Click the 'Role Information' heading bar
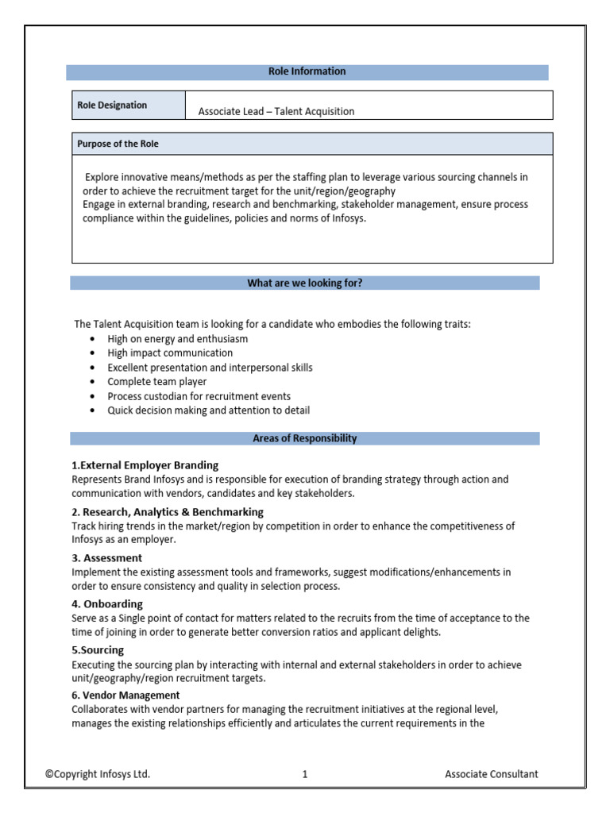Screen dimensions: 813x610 tap(307, 71)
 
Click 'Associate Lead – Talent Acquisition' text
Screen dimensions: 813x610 tap(276, 111)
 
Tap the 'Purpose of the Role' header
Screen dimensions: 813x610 tap(118, 144)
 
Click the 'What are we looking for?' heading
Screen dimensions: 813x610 tap(305, 283)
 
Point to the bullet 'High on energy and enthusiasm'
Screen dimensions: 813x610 tap(177, 339)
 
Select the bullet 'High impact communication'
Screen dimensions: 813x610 tap(170, 353)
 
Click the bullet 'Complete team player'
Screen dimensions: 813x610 tap(156, 382)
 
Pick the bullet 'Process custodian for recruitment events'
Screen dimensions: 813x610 tap(199, 396)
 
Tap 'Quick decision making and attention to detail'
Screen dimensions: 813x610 tap(208, 410)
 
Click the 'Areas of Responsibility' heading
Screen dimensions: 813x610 tap(305, 438)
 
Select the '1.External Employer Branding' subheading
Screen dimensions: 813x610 tap(145, 465)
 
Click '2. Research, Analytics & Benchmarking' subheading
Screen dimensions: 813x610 tap(168, 512)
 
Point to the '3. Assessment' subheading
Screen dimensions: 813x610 tap(107, 558)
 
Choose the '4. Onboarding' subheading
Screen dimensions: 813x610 tap(107, 604)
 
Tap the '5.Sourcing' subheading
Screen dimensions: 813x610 tap(97, 650)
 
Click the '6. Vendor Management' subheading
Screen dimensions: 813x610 tap(125, 695)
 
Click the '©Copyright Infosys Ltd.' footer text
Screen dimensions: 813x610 tap(97, 774)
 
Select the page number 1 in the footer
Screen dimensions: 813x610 tap(305, 774)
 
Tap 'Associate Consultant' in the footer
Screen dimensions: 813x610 tap(491, 774)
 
